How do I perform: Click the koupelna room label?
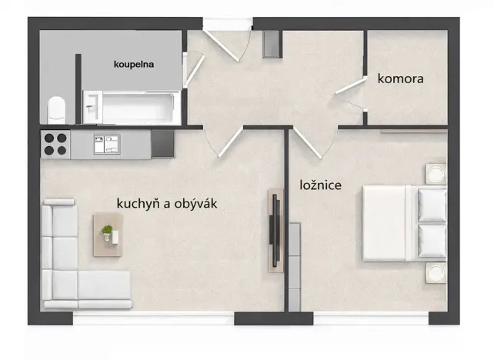[x=135, y=65]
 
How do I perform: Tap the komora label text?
[x=400, y=78]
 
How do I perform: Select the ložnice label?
[x=320, y=185]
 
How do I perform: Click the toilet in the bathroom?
[x=56, y=109]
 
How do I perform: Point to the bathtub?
[x=139, y=107]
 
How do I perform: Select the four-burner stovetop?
[x=55, y=143]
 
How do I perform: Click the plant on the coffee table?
[x=107, y=229]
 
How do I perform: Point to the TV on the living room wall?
[x=273, y=229]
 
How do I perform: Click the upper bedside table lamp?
[x=436, y=173]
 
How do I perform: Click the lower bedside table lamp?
[x=436, y=272]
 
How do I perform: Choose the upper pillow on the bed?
[x=432, y=204]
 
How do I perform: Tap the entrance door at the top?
[x=231, y=42]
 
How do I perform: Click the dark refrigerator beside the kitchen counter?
[x=162, y=143]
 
